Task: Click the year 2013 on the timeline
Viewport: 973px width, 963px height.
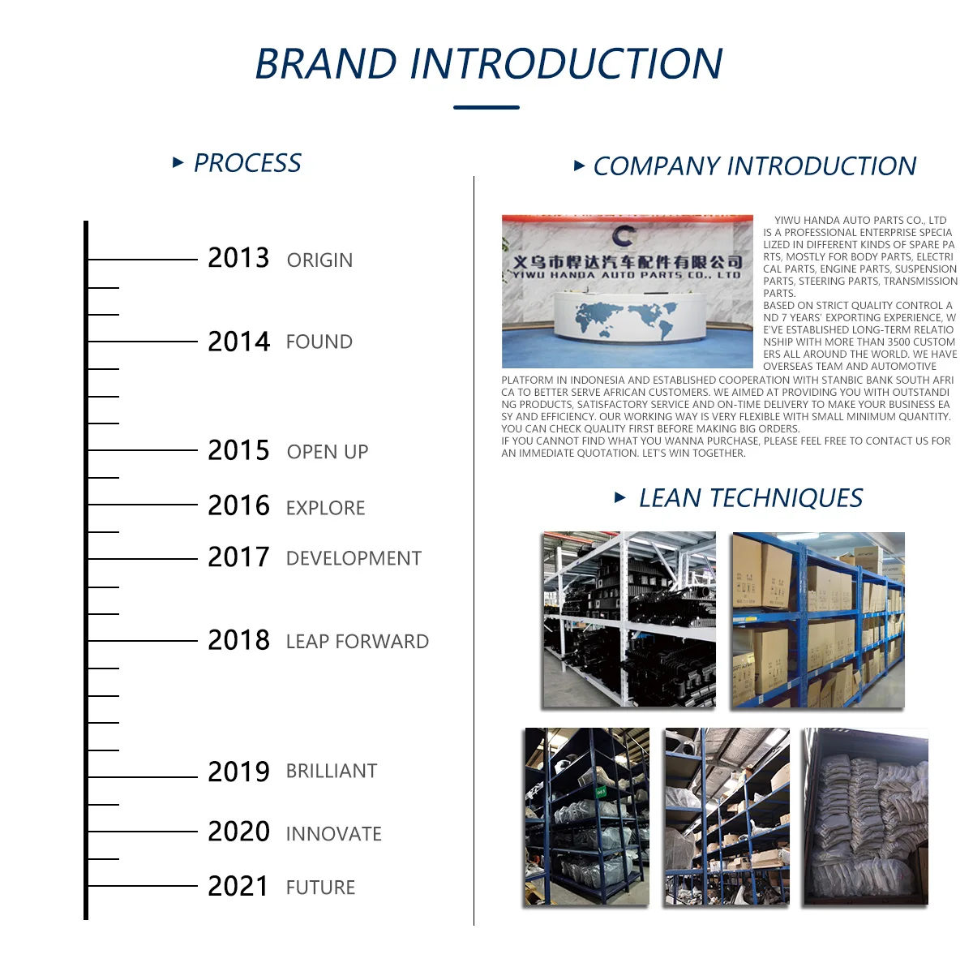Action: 238,258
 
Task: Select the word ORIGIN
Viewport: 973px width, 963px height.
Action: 319,260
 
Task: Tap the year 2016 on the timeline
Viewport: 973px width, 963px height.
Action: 239,505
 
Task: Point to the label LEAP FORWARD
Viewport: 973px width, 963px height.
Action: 358,641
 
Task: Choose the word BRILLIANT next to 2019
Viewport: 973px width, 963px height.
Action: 332,771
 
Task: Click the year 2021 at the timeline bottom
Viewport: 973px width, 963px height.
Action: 238,886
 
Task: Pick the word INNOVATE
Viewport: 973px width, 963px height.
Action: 334,834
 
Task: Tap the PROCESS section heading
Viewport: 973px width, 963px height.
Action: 247,163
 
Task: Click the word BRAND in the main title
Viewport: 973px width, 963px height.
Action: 326,63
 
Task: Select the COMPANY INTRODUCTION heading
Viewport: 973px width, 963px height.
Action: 755,166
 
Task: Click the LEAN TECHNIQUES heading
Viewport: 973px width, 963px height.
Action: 751,497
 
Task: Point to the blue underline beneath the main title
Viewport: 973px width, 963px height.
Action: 486,107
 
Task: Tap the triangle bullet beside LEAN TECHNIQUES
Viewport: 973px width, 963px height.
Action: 620,497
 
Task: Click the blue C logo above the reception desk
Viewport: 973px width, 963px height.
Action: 624,235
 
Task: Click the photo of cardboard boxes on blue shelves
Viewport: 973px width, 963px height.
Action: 818,620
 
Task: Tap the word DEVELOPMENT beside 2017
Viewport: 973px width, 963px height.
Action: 354,558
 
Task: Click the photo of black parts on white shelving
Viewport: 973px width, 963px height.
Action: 629,619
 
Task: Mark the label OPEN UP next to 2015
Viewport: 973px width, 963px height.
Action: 328,452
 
